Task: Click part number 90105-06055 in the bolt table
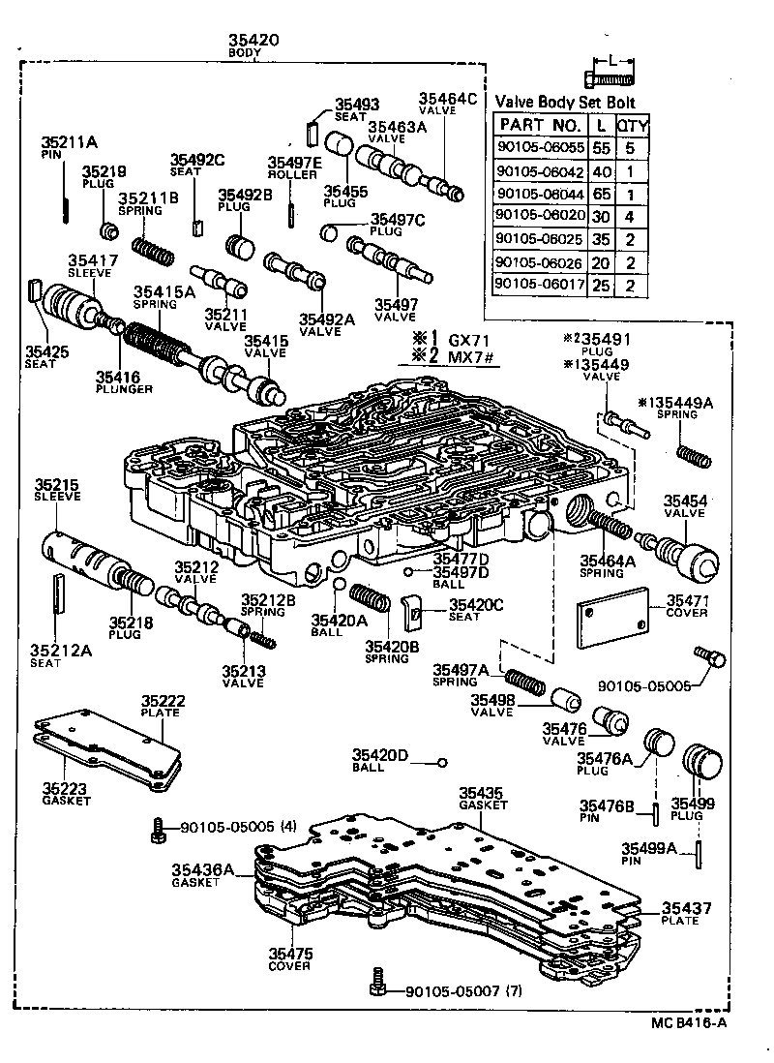[539, 150]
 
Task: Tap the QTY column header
[633, 126]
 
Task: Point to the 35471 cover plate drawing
[613, 619]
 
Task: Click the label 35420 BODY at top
[253, 46]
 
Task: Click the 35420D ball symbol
[441, 762]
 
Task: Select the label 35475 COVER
[289, 958]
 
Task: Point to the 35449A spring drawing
[695, 456]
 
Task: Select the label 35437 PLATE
[687, 914]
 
